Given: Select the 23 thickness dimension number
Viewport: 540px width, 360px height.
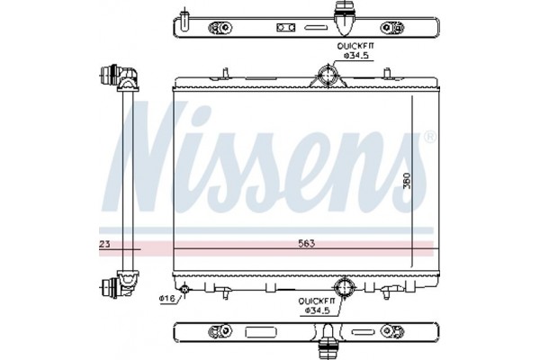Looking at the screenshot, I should point(104,243).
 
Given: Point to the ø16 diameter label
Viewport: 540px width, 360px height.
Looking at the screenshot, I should point(166,298).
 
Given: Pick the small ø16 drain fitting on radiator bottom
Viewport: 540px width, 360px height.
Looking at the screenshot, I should point(184,290).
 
